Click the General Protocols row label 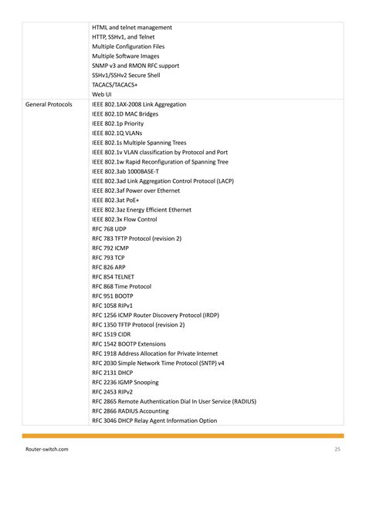(x=49, y=104)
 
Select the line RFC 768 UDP (x=110, y=229)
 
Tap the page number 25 (x=337, y=449)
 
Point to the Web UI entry (x=102, y=94)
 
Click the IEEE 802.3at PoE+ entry (x=115, y=200)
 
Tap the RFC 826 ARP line (x=109, y=267)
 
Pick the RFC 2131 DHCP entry (x=113, y=372)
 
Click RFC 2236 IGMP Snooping (x=125, y=382)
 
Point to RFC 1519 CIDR (x=111, y=334)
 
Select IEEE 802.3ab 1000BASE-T (x=126, y=171)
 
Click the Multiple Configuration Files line (x=128, y=46)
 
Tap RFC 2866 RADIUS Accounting (x=131, y=411)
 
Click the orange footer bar (x=183, y=436)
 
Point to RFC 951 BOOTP (x=113, y=296)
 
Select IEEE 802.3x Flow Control (x=125, y=219)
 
